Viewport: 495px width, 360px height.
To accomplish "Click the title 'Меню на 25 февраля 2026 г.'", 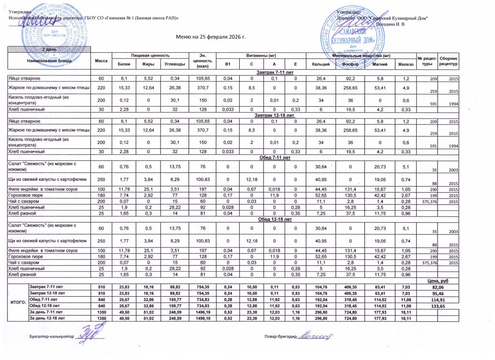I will click(211, 37).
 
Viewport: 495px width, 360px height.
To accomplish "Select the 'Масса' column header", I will click(102, 60).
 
